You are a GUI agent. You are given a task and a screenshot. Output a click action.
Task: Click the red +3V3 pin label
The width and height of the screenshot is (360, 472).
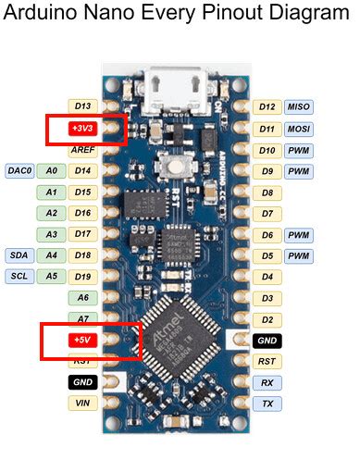coord(83,128)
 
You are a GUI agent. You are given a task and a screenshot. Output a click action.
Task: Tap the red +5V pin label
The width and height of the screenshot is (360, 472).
coord(82,340)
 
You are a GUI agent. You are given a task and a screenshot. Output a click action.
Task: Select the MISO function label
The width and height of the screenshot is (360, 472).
coord(298,107)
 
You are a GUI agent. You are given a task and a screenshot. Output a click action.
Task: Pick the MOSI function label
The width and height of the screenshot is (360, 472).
coord(298,129)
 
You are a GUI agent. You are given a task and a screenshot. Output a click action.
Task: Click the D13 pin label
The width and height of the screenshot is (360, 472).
coord(83,107)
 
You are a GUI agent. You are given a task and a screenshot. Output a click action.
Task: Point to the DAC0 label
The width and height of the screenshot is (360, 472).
coord(20,171)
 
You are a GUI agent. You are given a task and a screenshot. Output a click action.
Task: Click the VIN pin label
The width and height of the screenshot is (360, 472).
coord(82,403)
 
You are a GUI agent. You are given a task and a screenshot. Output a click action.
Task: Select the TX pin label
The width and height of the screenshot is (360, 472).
coord(267,404)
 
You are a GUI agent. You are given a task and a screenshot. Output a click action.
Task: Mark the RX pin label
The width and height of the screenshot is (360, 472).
coord(267,382)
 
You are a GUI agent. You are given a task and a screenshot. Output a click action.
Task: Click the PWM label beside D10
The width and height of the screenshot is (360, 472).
coord(298,150)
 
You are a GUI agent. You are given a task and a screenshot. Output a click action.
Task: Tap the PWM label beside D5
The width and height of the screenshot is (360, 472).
coord(298,255)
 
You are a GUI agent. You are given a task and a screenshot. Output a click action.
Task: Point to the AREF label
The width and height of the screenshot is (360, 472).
coord(83,149)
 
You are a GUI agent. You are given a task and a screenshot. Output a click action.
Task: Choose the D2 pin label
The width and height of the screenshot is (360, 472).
coord(267,319)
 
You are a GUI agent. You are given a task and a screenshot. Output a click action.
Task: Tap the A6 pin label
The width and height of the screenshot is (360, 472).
coord(83,297)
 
